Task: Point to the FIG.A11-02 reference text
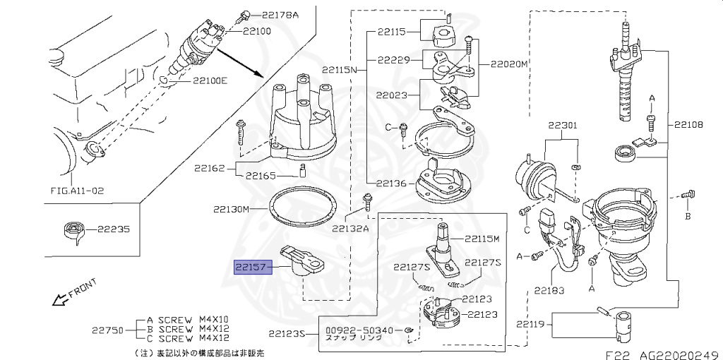click(77, 191)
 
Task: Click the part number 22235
click(113, 229)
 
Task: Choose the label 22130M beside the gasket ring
click(231, 210)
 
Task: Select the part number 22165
click(261, 176)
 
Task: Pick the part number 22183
click(549, 289)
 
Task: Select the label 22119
click(531, 324)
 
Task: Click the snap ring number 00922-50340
click(359, 330)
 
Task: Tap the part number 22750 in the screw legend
click(107, 329)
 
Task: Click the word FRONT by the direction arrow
click(83, 289)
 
